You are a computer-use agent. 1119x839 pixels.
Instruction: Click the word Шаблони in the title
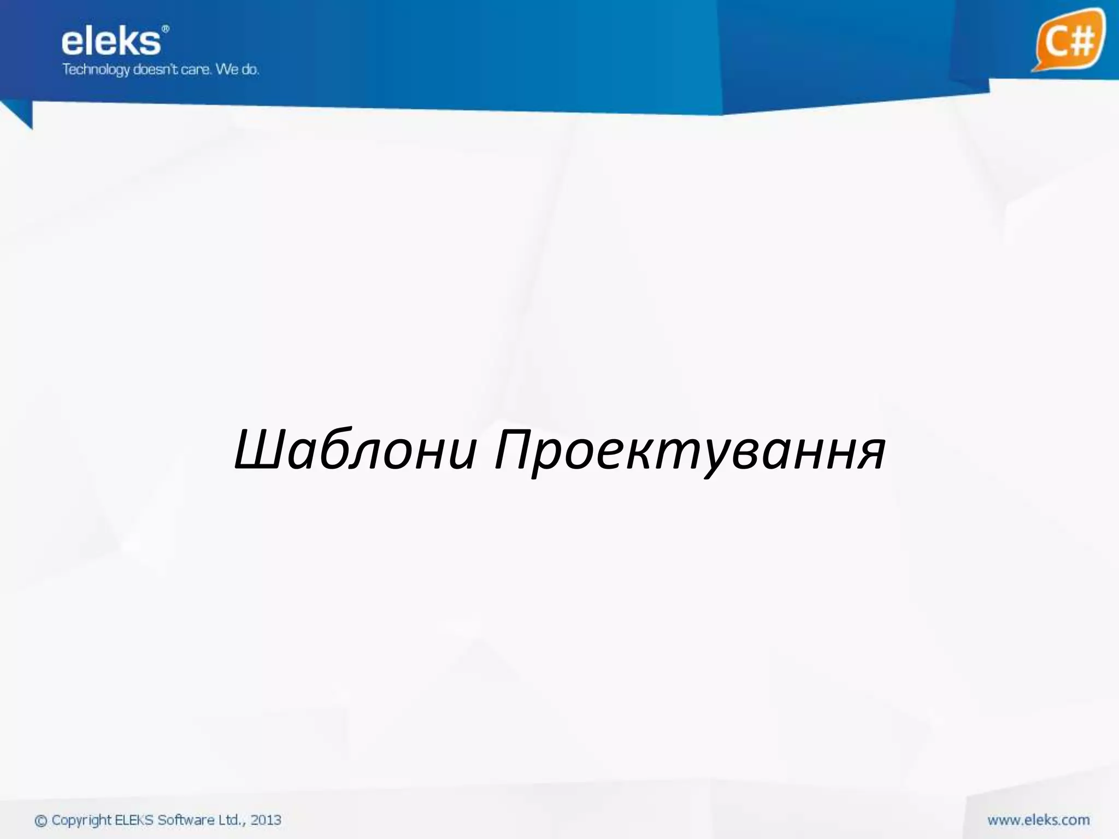[x=356, y=451]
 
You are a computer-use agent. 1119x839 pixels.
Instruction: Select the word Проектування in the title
[x=690, y=452]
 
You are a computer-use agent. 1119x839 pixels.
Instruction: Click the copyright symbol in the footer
[x=41, y=821]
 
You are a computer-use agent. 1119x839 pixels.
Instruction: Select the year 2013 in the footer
[x=266, y=820]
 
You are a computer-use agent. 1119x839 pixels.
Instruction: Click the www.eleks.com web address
[x=1038, y=820]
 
